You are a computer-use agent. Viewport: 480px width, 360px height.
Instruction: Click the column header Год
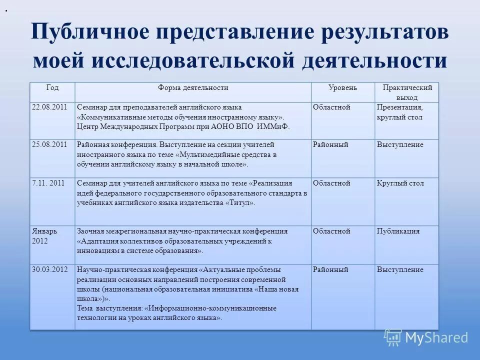52,88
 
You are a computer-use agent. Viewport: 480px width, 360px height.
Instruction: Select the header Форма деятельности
193,88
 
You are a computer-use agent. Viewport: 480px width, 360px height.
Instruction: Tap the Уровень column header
342,88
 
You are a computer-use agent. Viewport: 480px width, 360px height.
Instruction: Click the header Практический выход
407,92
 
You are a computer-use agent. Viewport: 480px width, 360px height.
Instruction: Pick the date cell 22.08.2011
49,107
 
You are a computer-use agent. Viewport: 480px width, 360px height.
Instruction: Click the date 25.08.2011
49,145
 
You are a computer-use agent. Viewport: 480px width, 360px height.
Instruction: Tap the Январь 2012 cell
44,236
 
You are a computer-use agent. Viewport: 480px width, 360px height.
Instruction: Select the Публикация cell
398,231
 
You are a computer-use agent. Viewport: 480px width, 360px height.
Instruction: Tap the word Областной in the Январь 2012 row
331,231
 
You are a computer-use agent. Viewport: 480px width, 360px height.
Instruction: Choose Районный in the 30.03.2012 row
330,270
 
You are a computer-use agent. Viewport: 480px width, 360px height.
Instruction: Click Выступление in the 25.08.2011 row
400,145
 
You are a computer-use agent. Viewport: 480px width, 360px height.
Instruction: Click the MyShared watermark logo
426,337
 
